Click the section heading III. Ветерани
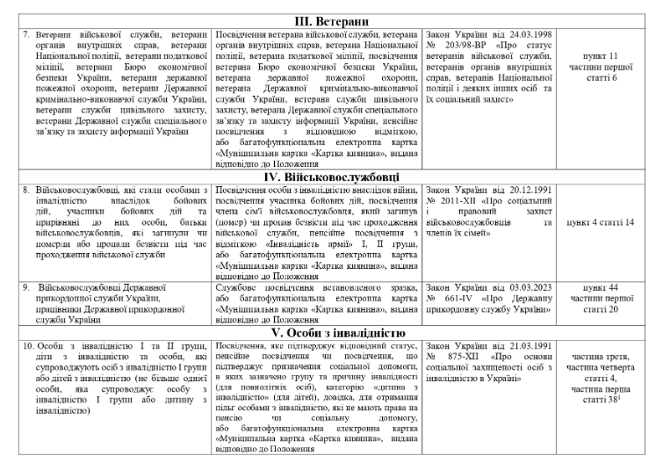click(331, 22)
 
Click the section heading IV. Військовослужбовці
click(331, 177)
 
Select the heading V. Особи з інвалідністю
click(331, 333)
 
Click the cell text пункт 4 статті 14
click(600, 222)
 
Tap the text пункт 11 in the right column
click(600, 56)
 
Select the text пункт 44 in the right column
click(600, 288)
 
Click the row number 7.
click(26, 35)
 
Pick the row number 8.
click(26, 190)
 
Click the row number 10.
click(28, 346)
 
